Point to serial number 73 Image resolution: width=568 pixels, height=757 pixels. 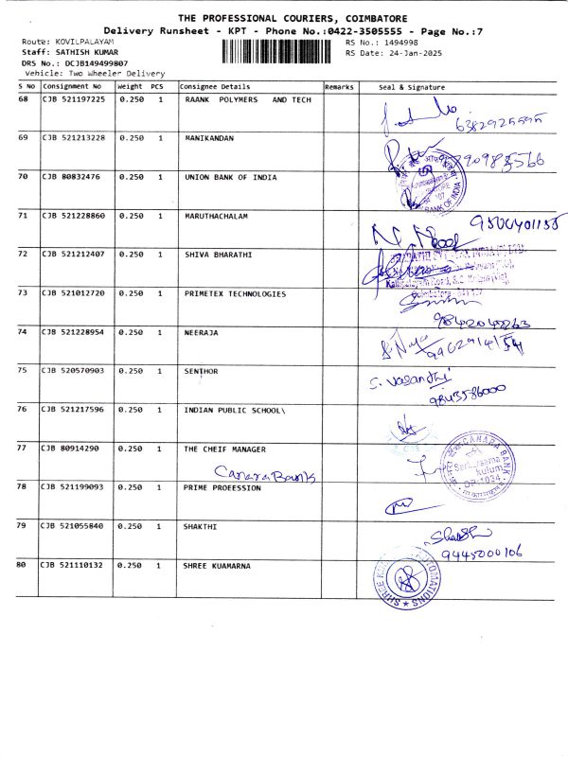coord(23,293)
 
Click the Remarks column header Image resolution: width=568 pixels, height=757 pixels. coord(338,86)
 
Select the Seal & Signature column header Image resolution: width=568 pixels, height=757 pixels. coord(411,86)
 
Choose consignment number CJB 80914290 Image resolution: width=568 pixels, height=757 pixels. coord(70,449)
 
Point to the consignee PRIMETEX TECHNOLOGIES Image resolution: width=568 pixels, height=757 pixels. coord(235,293)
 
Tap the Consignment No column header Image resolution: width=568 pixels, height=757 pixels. coord(71,86)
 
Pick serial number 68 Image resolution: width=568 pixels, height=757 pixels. coord(23,99)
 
